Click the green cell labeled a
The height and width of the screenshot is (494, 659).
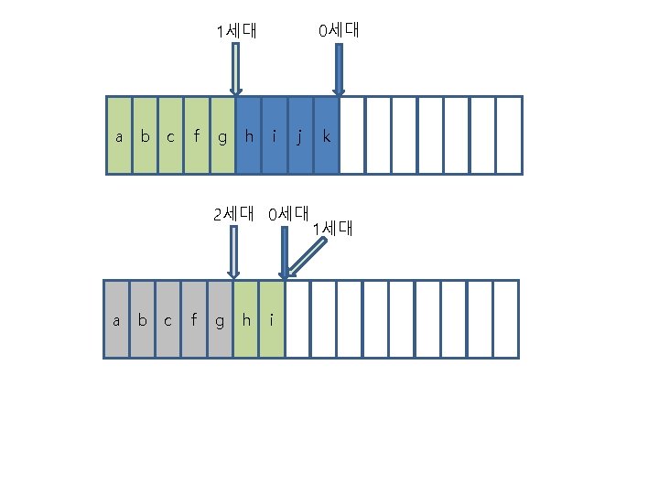click(x=119, y=135)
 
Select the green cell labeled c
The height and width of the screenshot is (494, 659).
click(x=171, y=135)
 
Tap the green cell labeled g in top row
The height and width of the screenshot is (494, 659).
click(x=222, y=135)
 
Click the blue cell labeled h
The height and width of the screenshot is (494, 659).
click(x=249, y=135)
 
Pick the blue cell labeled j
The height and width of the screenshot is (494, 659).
click(x=300, y=135)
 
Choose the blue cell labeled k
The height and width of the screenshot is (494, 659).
click(x=326, y=135)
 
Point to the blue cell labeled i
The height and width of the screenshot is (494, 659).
click(x=275, y=135)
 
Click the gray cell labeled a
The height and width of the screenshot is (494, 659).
click(x=115, y=318)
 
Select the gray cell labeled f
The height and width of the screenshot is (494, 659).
click(x=193, y=318)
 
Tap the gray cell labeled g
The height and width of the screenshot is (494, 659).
click(x=220, y=318)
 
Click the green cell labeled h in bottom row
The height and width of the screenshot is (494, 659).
click(x=246, y=318)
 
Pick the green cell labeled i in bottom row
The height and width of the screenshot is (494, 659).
click(x=272, y=318)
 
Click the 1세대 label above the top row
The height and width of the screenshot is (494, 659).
click(x=236, y=31)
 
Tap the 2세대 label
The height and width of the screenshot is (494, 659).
click(x=232, y=215)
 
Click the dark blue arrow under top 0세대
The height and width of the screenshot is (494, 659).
click(x=339, y=70)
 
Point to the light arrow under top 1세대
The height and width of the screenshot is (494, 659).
click(x=236, y=70)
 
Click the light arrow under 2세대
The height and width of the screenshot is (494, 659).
click(x=233, y=252)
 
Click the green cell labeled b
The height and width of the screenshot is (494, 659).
click(x=145, y=135)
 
